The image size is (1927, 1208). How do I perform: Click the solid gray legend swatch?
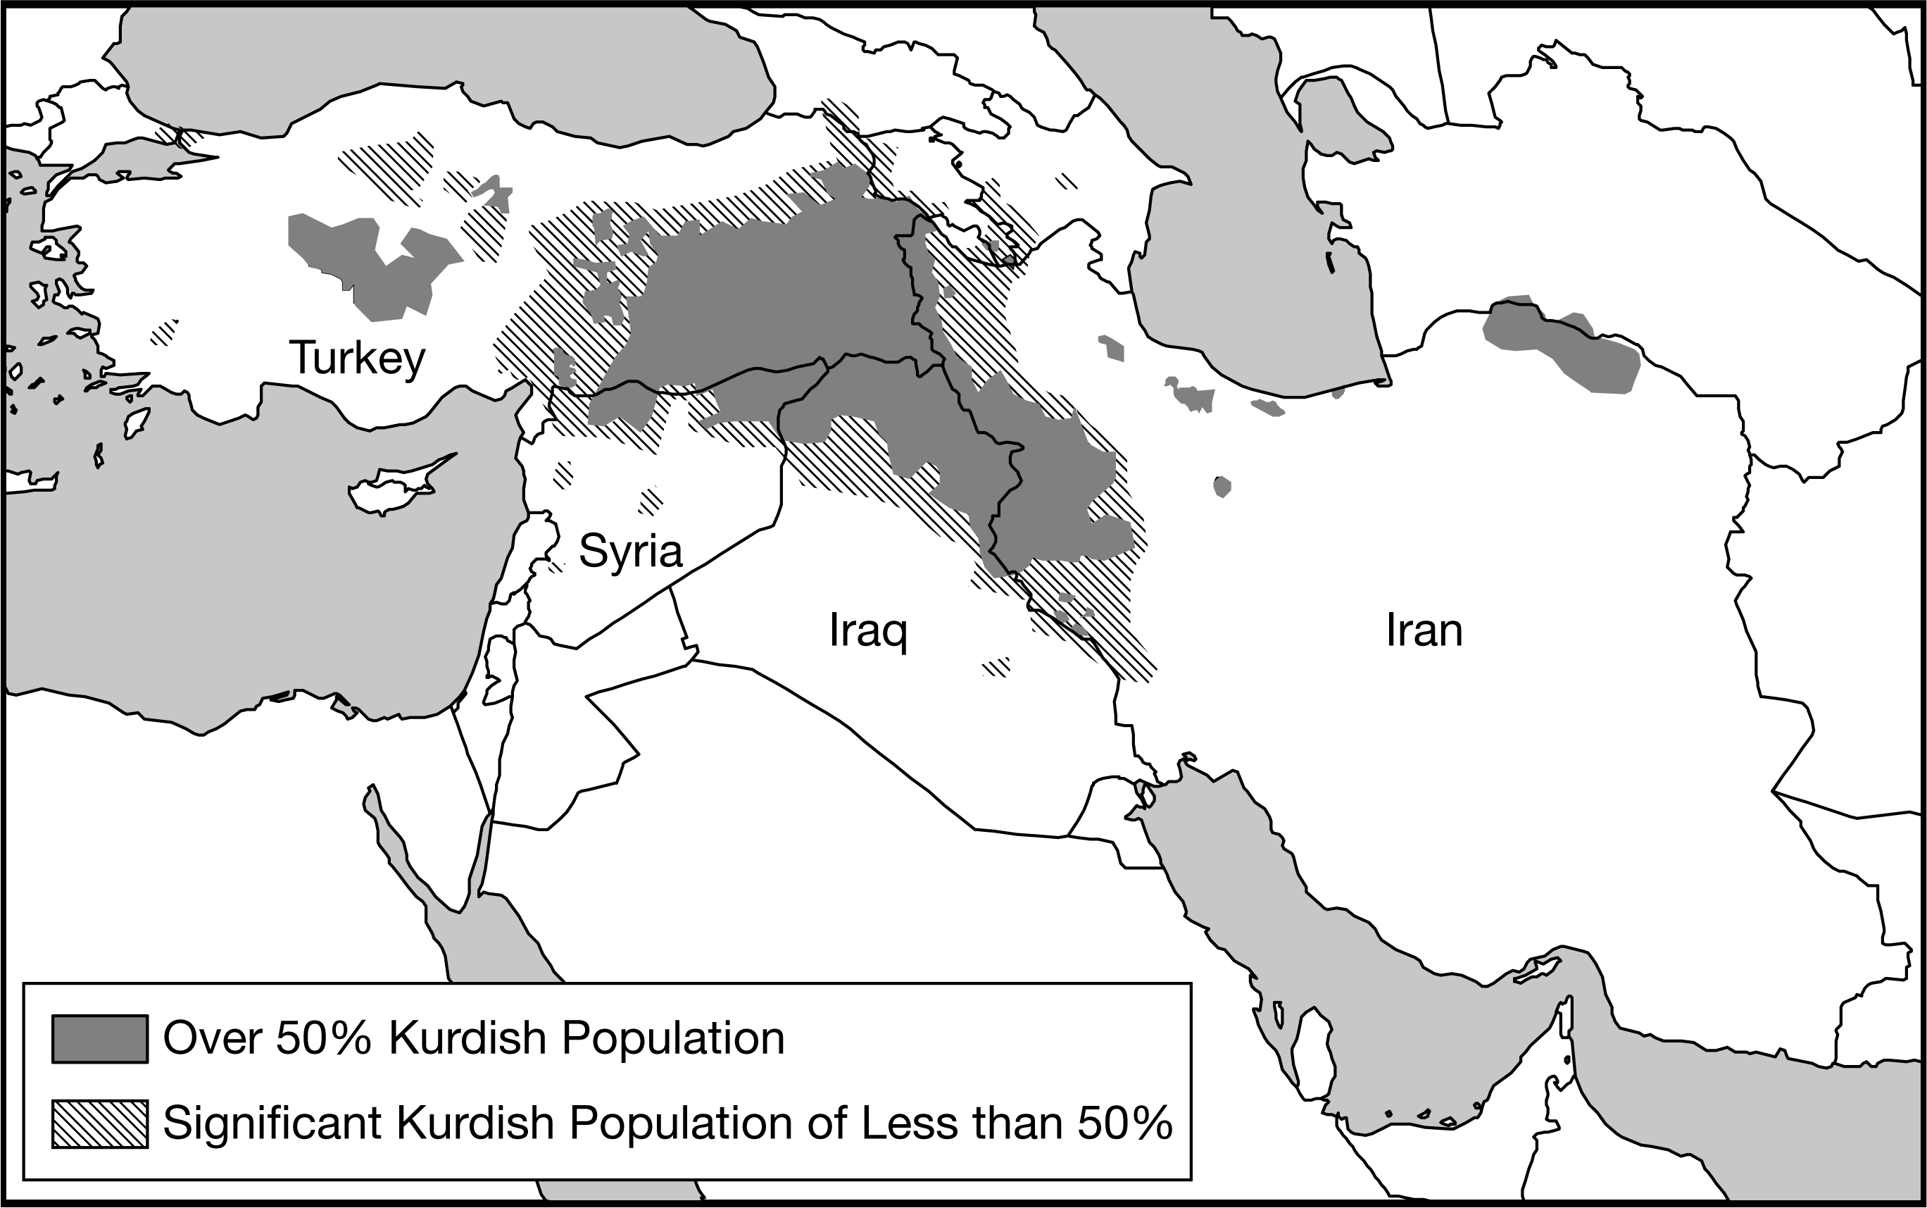tap(100, 1039)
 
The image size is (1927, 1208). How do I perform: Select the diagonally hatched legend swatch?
tap(100, 1124)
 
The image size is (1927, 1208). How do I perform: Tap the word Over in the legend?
tap(213, 1039)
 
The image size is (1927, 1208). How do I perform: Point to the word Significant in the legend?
tap(272, 1123)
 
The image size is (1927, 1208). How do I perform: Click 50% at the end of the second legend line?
tap(1124, 1123)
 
